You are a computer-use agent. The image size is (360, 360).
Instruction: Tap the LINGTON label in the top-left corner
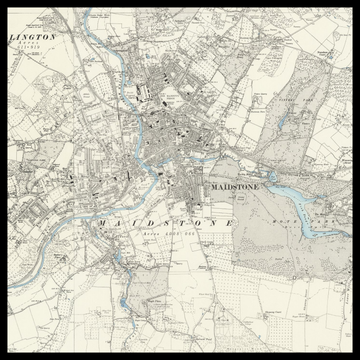[33, 36]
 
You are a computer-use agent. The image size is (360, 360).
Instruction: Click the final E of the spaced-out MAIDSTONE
[231, 222]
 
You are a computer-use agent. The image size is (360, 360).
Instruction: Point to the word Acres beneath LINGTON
[22, 44]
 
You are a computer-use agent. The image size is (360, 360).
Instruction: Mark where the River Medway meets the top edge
[84, 12]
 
